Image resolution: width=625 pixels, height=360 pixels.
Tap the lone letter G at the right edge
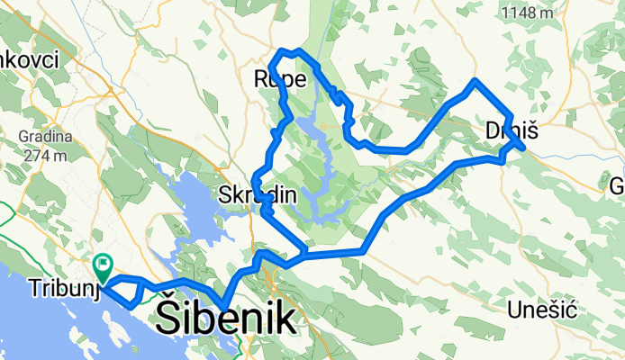point(618,186)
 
